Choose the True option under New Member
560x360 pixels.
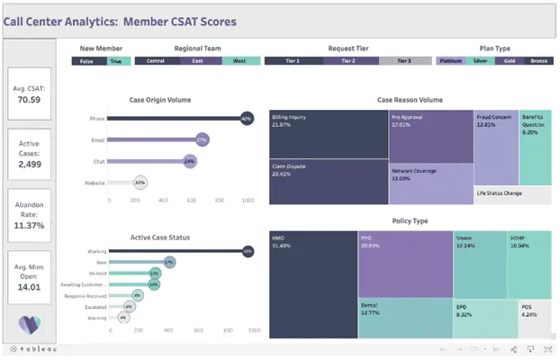(115, 61)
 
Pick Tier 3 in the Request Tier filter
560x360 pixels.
(405, 61)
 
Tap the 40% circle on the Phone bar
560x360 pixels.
(246, 119)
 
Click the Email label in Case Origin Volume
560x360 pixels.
(98, 139)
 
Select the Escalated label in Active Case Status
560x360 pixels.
(94, 306)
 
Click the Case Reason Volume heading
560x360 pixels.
(409, 100)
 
